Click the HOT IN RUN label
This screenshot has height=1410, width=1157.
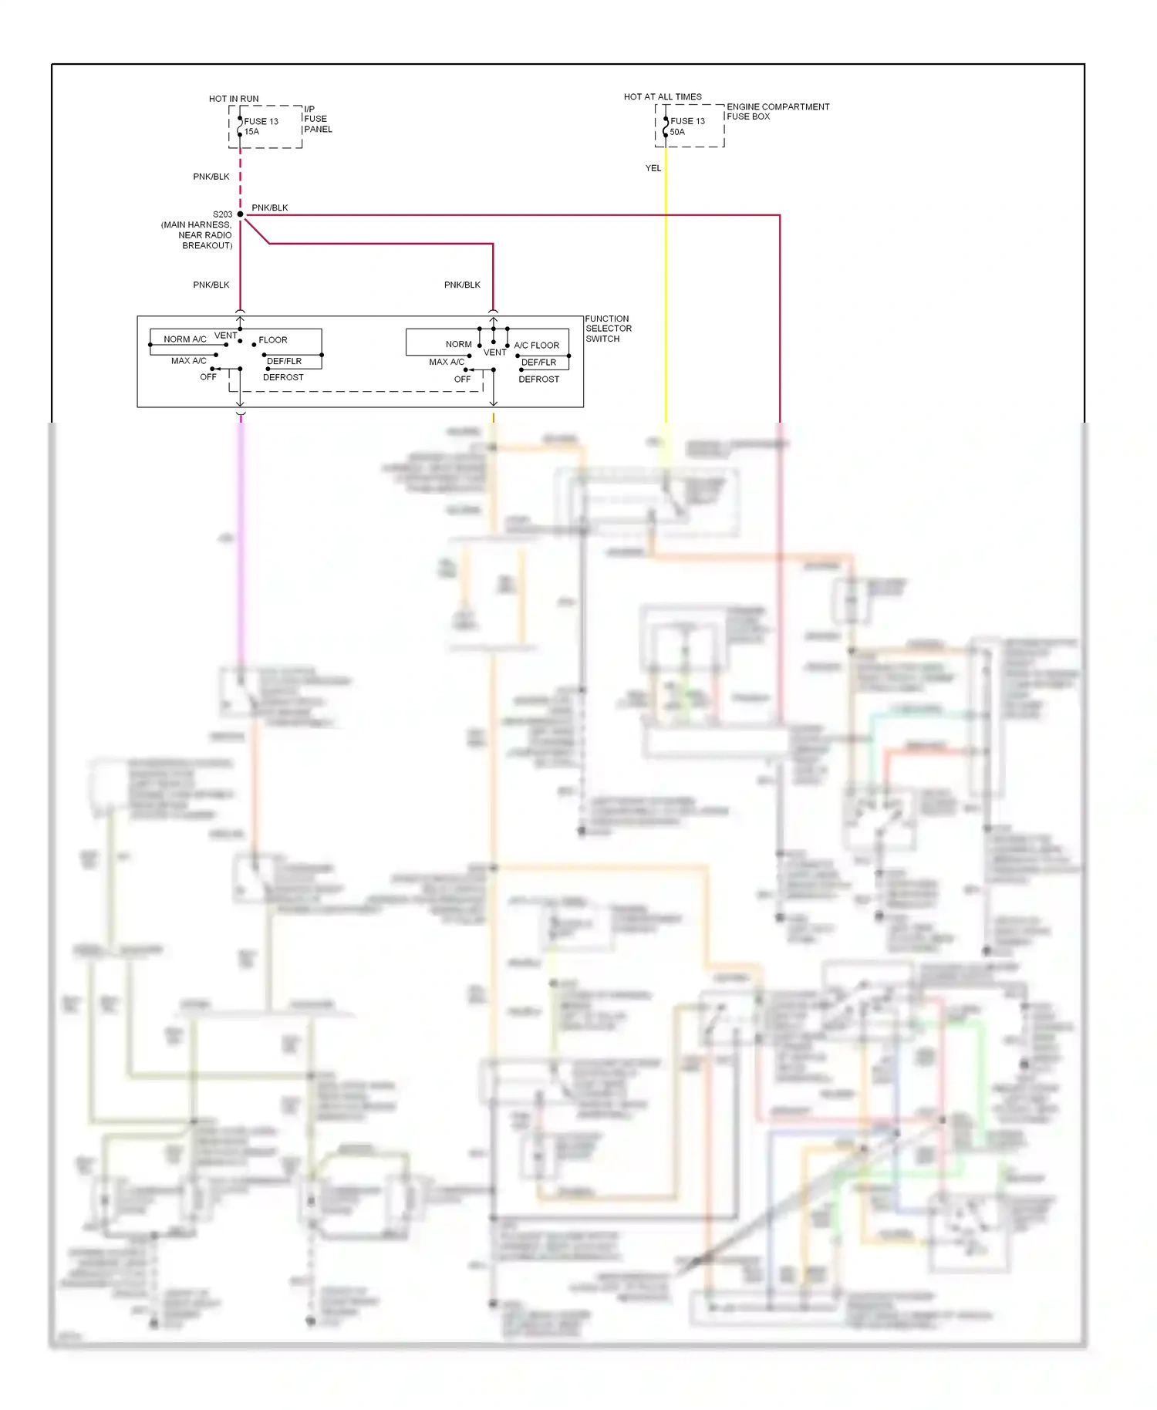pos(234,99)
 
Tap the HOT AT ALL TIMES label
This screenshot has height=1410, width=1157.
pos(663,97)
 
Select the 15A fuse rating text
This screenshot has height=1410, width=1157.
pos(252,132)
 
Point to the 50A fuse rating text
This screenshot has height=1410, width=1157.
pos(677,132)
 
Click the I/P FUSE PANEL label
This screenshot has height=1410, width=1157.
pos(318,119)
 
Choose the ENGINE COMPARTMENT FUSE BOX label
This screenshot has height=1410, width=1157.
pos(778,112)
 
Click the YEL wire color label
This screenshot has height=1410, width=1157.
pos(653,168)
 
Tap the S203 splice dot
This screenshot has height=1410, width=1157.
pos(241,214)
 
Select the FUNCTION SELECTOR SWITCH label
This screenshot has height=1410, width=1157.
pos(608,329)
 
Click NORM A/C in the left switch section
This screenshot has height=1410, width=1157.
pos(185,339)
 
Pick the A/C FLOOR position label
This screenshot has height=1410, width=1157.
pos(537,346)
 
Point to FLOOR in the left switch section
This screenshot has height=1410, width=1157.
pos(273,340)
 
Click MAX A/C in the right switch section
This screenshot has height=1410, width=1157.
pos(447,362)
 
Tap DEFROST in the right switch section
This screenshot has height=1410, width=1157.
pos(539,379)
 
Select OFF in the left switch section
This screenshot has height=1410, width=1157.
pos(208,377)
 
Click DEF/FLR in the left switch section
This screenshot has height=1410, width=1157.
pos(284,361)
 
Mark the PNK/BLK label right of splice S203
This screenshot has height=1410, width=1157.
pos(270,207)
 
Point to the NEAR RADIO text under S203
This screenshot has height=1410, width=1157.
pos(205,235)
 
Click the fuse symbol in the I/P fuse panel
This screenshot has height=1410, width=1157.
pos(240,126)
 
